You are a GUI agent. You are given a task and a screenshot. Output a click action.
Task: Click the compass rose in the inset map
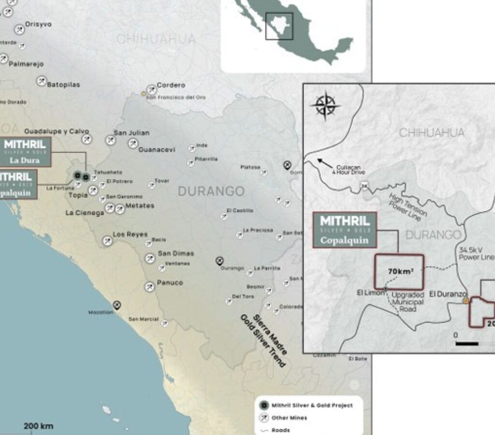(325, 106)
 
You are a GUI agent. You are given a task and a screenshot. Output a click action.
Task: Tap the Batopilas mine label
(63, 85)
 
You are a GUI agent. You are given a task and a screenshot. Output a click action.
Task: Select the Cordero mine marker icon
(152, 89)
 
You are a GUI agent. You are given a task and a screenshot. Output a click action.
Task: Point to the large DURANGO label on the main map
(211, 191)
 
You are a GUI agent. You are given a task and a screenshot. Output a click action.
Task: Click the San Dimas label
(176, 253)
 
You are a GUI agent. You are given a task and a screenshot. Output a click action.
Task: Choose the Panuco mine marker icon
(150, 287)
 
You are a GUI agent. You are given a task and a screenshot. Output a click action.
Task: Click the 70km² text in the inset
(399, 271)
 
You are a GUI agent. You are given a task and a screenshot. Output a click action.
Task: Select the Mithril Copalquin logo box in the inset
(345, 230)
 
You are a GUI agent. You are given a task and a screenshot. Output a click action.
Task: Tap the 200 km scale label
(39, 426)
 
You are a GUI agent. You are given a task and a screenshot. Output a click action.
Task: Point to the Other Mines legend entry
(289, 418)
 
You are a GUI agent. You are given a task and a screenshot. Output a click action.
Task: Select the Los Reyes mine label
(130, 234)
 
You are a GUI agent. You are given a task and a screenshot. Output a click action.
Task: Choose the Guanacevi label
(157, 150)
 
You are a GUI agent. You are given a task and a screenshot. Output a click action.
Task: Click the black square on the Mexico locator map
(279, 26)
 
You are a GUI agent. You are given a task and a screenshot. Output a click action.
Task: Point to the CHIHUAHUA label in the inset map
(431, 132)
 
